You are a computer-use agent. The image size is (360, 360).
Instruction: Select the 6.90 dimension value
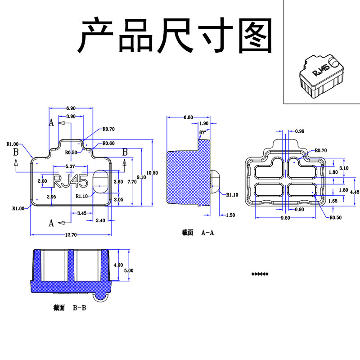[71, 108]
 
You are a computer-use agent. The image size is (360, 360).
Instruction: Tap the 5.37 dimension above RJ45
[70, 166]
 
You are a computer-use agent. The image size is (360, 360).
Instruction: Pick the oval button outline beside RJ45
[100, 181]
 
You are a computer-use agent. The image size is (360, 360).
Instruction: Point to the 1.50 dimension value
[229, 215]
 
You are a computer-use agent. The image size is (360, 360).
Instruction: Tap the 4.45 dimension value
[355, 191]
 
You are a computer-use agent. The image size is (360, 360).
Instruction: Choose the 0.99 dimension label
[300, 131]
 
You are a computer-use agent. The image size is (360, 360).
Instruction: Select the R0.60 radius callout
[108, 144]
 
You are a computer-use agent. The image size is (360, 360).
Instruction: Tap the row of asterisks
[260, 274]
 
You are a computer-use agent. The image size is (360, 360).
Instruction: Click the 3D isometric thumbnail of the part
[321, 75]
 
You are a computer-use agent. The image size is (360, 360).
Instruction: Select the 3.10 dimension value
[344, 168]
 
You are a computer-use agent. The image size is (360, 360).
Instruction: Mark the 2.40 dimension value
[100, 220]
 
